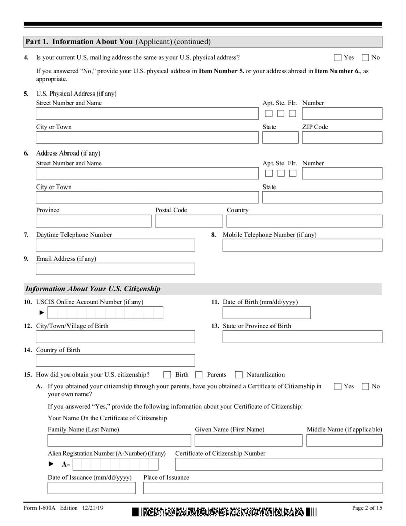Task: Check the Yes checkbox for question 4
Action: [x=337, y=58]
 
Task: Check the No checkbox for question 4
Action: [x=365, y=58]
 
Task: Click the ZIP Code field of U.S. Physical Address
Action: [x=342, y=138]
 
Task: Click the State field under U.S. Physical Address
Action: [x=280, y=138]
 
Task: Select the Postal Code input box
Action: [x=189, y=221]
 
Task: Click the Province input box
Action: [x=93, y=221]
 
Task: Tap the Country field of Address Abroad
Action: [x=304, y=221]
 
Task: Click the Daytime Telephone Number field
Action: [x=115, y=245]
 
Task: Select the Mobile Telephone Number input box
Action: [x=302, y=245]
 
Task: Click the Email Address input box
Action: [x=115, y=269]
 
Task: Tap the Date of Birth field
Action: [x=266, y=313]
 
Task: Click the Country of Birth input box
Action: [x=115, y=360]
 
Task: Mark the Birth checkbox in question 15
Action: [x=167, y=375]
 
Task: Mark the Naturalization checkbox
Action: [x=239, y=375]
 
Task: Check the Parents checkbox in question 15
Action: [x=199, y=375]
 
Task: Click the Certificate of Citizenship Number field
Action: [x=278, y=464]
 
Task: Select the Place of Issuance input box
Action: [x=262, y=488]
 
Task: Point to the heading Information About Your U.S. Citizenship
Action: [x=93, y=289]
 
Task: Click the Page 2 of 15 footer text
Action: [x=366, y=508]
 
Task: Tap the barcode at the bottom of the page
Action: [x=224, y=512]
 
